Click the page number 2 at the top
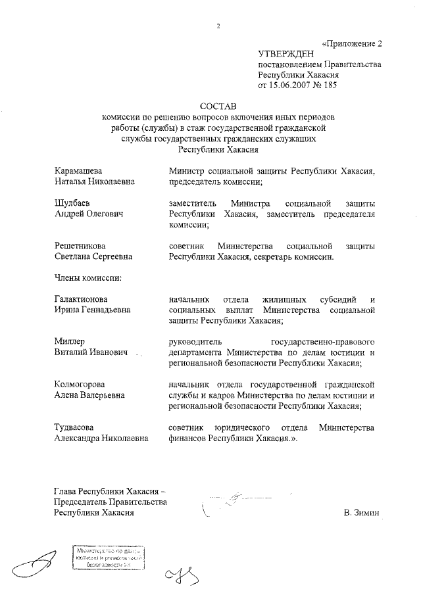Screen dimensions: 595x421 click(218, 26)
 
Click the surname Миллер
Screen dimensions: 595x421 click(69, 342)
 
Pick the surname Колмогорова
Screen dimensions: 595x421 click(81, 384)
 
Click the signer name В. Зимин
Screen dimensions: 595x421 click(361, 512)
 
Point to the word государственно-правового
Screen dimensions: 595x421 click(323, 342)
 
